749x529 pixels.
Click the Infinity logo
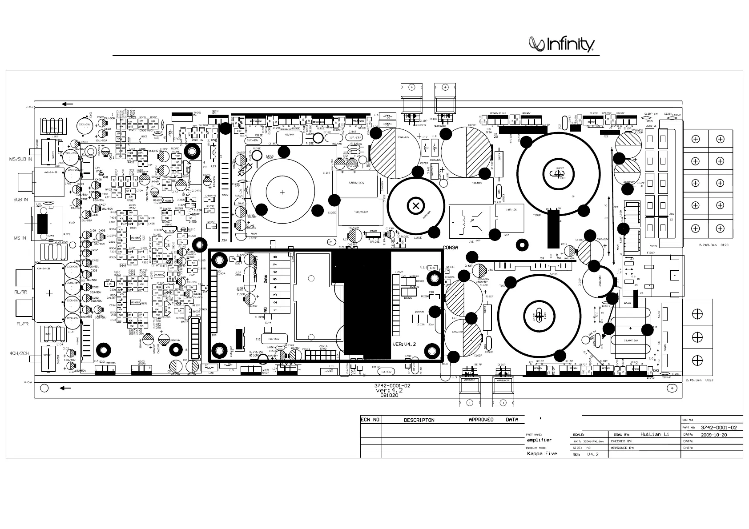coord(562,44)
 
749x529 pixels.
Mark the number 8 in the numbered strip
coord(275,257)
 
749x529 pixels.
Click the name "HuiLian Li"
coord(654,434)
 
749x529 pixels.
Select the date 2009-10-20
coord(714,435)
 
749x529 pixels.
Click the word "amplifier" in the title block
coord(539,440)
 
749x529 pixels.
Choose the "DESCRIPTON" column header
coord(419,420)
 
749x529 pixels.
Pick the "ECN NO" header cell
coord(370,419)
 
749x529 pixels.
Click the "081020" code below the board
coord(389,396)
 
